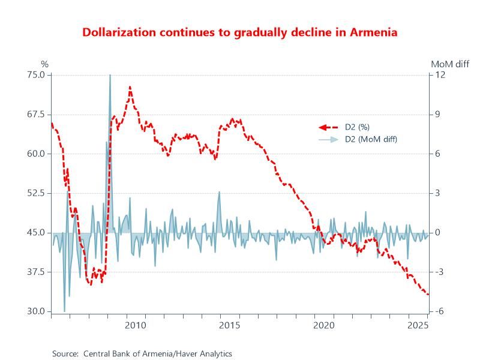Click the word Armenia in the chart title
coord(376,32)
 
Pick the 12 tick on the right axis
coord(439,75)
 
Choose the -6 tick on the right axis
coord(439,311)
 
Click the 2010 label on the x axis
coord(136,325)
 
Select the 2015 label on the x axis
coord(230,325)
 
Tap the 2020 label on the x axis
coord(324,325)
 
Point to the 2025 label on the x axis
coord(418,325)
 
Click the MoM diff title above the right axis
coord(450,64)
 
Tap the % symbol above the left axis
coord(44,64)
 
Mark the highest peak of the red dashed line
coord(130,86)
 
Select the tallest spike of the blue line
coord(110,75)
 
